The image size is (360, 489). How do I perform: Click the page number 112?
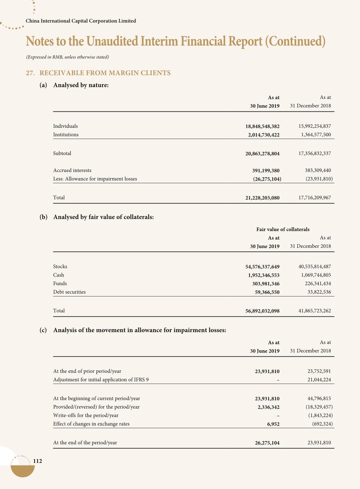(38, 461)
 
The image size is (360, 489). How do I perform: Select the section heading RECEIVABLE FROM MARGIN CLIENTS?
(105, 73)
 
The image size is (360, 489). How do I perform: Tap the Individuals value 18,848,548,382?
(262, 126)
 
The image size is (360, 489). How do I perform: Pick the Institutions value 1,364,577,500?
(316, 134)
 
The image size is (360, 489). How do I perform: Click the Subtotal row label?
(62, 153)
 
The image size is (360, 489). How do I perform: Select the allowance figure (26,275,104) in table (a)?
(267, 179)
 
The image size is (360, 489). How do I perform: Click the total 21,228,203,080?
(262, 198)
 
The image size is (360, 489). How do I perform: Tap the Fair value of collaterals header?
(283, 229)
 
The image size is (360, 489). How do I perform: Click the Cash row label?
(59, 275)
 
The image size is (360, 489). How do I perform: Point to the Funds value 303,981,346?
(266, 284)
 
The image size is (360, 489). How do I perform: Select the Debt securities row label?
(69, 292)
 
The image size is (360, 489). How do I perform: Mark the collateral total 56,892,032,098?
(262, 311)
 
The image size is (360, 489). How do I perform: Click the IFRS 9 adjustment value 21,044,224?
(319, 380)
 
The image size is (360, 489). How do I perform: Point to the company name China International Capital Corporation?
(81, 21)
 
